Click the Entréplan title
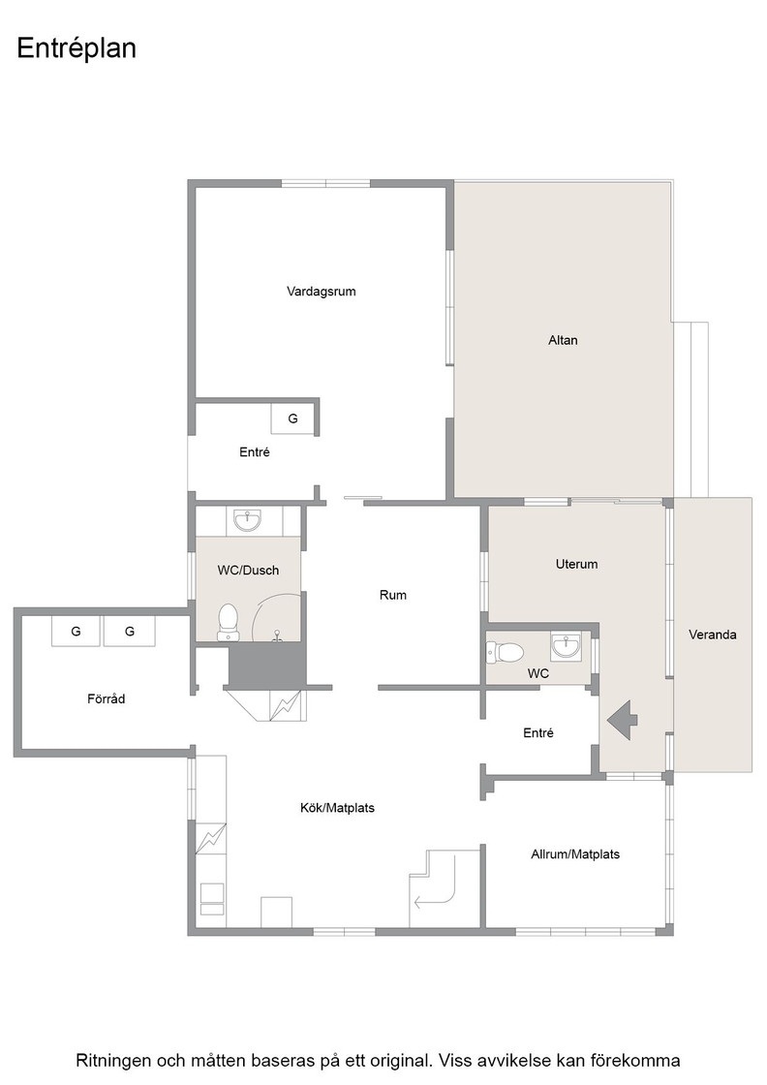77,48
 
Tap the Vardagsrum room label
321,292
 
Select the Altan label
563,340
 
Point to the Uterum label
576,564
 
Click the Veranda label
713,635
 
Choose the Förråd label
106,698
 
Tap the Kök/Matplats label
337,808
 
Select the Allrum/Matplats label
574,853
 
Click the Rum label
393,595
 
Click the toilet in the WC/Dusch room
228,622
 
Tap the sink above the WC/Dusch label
247,519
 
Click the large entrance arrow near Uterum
623,721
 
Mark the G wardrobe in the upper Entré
292,418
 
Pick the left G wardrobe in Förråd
77,631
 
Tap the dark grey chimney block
267,665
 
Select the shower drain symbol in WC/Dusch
278,635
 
